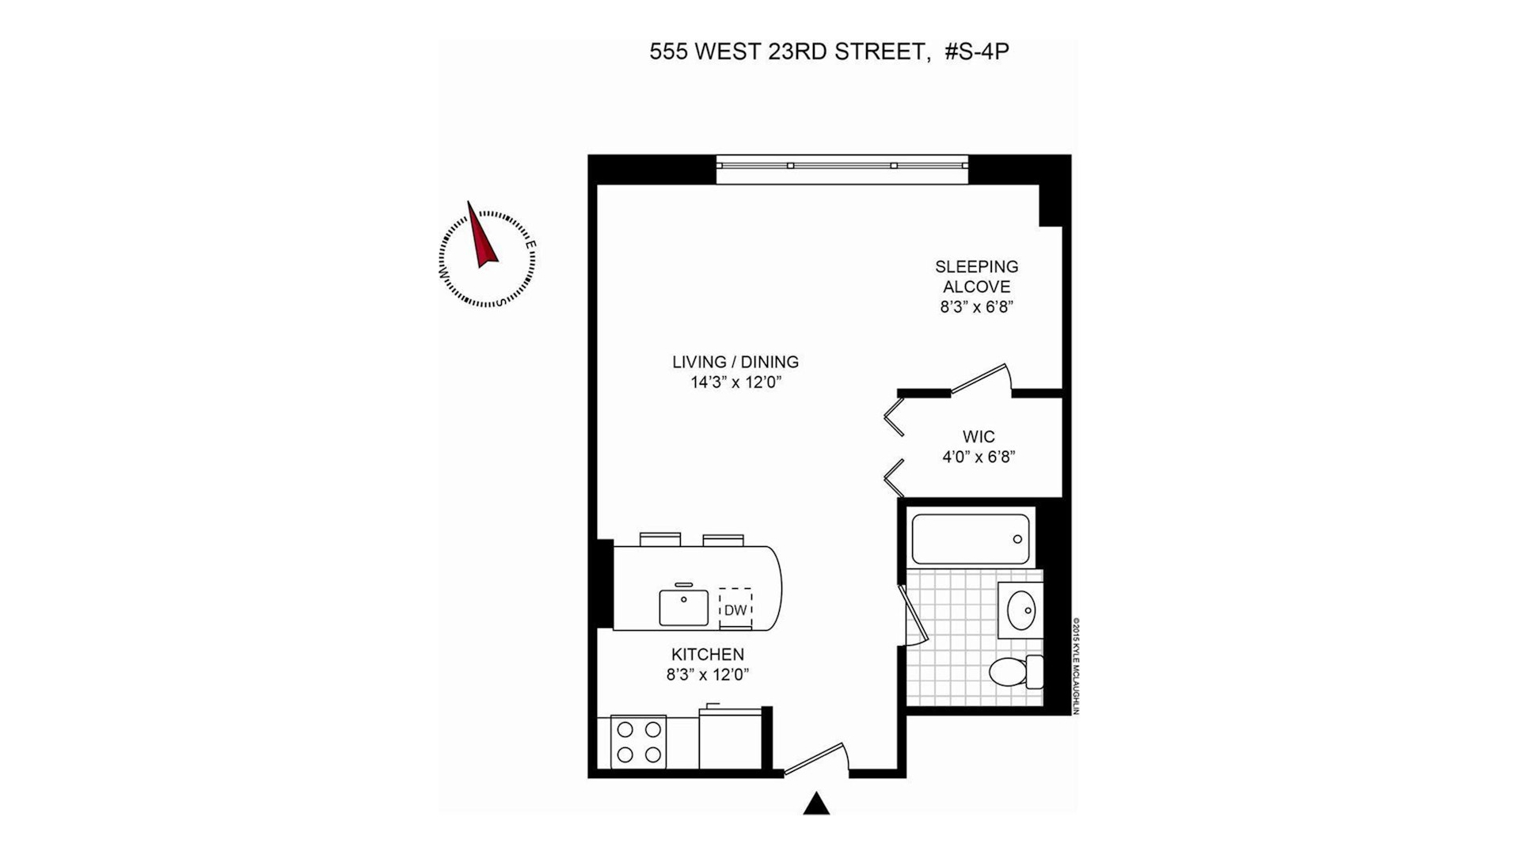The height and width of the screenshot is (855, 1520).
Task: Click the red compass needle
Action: (x=481, y=238)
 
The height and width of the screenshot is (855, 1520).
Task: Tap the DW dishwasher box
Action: (x=735, y=610)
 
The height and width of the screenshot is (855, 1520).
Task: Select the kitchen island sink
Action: (x=684, y=607)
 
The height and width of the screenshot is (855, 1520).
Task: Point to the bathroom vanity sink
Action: (x=1021, y=610)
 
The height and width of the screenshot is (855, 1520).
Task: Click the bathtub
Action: (x=971, y=539)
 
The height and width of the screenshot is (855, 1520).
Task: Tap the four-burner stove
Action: (x=639, y=742)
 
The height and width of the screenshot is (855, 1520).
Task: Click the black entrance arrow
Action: (x=816, y=804)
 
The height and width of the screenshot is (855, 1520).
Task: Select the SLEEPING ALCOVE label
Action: (x=976, y=276)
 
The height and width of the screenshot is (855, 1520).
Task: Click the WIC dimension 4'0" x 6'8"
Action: (x=978, y=457)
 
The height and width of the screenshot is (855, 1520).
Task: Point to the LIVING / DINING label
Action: (x=735, y=362)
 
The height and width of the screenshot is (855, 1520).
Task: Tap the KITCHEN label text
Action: (x=708, y=655)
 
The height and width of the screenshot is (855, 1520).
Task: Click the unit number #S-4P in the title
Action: (x=977, y=52)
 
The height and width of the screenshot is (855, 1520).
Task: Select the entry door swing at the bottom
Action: (x=816, y=758)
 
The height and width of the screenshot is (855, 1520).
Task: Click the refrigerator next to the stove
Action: (x=729, y=739)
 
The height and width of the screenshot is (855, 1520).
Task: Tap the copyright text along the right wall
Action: (x=1076, y=667)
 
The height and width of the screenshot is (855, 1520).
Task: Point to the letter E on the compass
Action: (x=532, y=245)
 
